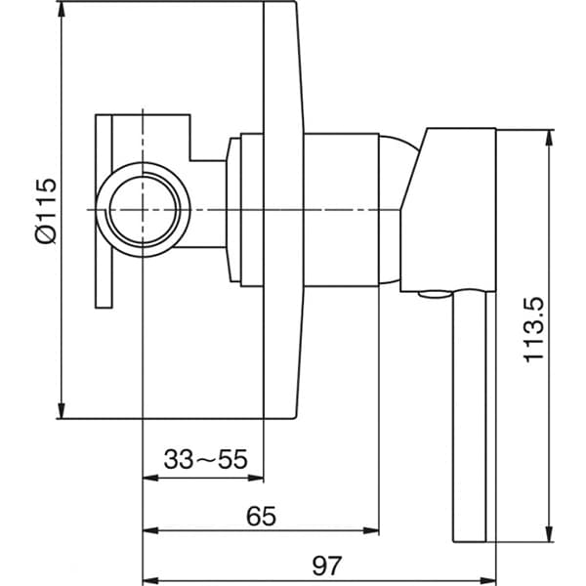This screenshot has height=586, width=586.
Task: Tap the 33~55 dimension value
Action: pyautogui.click(x=206, y=458)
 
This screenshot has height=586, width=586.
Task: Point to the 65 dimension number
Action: pyautogui.click(x=261, y=515)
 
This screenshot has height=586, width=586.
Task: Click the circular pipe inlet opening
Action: pyautogui.click(x=143, y=211)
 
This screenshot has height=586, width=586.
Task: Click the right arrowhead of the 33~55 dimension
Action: pyautogui.click(x=258, y=478)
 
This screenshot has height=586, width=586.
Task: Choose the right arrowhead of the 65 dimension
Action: pyautogui.click(x=372, y=530)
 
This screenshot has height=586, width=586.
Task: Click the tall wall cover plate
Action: pyautogui.click(x=280, y=210)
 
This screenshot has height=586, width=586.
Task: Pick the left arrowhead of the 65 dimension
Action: pyautogui.click(x=149, y=530)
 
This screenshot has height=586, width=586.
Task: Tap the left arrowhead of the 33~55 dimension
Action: pyautogui.click(x=149, y=478)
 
